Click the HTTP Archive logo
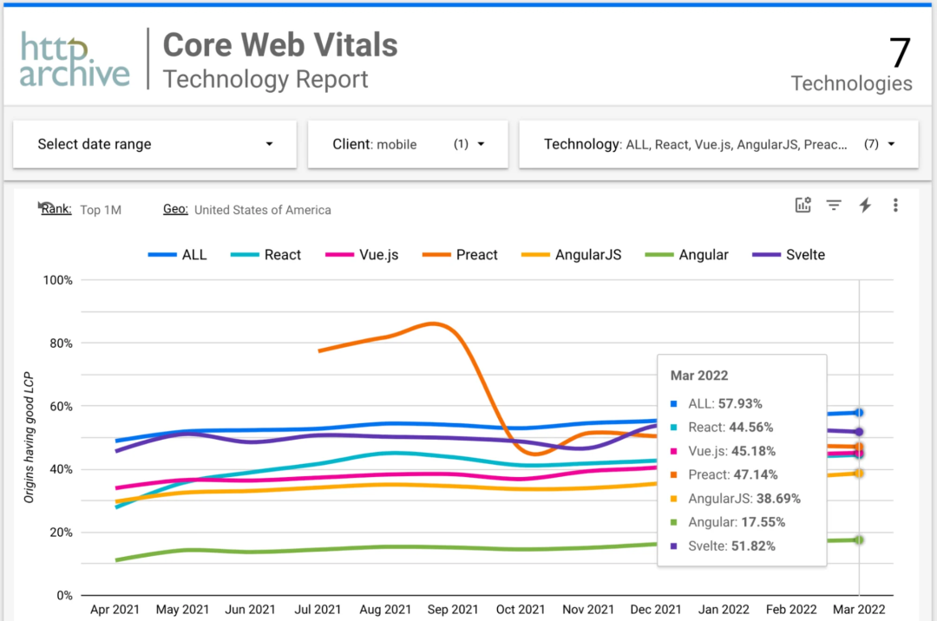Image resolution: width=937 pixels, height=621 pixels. (75, 61)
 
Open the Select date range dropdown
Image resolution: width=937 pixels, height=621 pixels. (154, 144)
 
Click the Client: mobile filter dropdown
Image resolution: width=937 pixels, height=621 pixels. (408, 144)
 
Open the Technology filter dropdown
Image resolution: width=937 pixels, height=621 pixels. (718, 144)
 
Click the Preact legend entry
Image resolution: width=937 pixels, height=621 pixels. (461, 255)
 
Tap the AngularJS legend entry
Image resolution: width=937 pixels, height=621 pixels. (572, 255)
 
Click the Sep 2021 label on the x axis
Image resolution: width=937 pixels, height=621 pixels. (453, 610)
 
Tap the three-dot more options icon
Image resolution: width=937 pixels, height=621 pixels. (895, 206)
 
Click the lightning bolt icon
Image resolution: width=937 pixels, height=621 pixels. (865, 206)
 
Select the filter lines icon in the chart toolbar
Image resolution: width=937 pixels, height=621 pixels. (834, 206)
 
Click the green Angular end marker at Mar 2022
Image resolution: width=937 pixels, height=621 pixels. (859, 539)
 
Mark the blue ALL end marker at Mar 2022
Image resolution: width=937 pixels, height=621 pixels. (859, 413)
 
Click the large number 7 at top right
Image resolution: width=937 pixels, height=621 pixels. (900, 54)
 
